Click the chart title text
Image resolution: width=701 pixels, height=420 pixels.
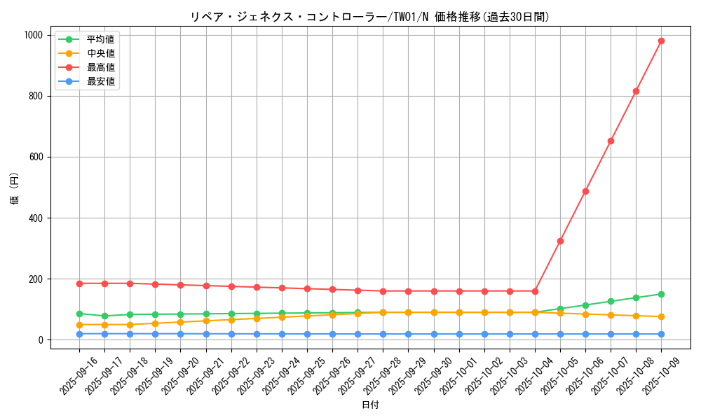pyautogui.click(x=370, y=17)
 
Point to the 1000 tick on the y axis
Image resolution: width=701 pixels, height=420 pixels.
pyautogui.click(x=33, y=35)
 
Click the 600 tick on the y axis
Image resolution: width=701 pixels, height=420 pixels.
pyautogui.click(x=36, y=157)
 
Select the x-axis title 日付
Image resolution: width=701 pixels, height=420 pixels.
pyautogui.click(x=370, y=405)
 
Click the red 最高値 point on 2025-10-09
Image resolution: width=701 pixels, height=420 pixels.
pyautogui.click(x=661, y=41)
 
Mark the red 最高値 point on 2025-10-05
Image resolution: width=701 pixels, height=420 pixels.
pyautogui.click(x=560, y=241)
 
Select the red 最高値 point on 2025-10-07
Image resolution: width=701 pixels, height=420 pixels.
pyautogui.click(x=611, y=141)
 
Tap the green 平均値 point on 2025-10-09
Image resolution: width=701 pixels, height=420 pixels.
pyautogui.click(x=661, y=294)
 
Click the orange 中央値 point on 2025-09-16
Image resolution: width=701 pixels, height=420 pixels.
pyautogui.click(x=79, y=325)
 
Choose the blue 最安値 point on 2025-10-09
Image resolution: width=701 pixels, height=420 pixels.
pyautogui.click(x=661, y=334)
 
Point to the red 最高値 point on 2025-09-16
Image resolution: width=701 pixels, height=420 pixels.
pyautogui.click(x=79, y=283)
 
